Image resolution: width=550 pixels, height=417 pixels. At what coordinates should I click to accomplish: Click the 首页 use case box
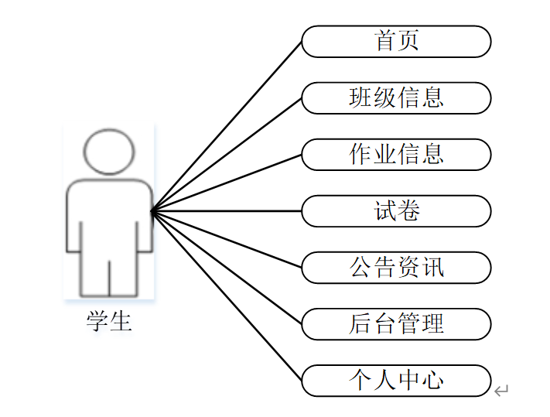396,42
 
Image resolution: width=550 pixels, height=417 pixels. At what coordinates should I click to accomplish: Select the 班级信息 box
396,98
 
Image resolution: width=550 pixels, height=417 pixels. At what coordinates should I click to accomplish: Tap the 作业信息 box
396,155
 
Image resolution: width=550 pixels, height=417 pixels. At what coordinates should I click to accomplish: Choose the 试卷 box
396,211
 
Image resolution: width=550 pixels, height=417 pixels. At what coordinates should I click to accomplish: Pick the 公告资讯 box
396,268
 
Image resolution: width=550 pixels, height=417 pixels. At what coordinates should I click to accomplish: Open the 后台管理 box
396,324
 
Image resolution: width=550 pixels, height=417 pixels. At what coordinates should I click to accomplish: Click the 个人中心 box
396,381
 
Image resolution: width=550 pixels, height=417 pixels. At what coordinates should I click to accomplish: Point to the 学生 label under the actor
109,320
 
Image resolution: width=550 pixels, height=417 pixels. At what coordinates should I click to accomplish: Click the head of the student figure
109,152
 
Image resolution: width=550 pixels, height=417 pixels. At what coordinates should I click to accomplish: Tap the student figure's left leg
93,271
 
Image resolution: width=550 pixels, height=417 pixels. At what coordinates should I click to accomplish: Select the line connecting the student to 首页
226,126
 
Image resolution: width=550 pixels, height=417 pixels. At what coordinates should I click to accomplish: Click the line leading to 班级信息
226,155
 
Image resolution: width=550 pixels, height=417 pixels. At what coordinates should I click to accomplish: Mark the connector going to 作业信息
226,183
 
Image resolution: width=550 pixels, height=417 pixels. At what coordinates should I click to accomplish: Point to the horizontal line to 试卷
226,210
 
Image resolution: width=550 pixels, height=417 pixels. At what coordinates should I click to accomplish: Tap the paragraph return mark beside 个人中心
501,391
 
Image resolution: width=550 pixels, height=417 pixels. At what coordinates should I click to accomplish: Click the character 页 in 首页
408,41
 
